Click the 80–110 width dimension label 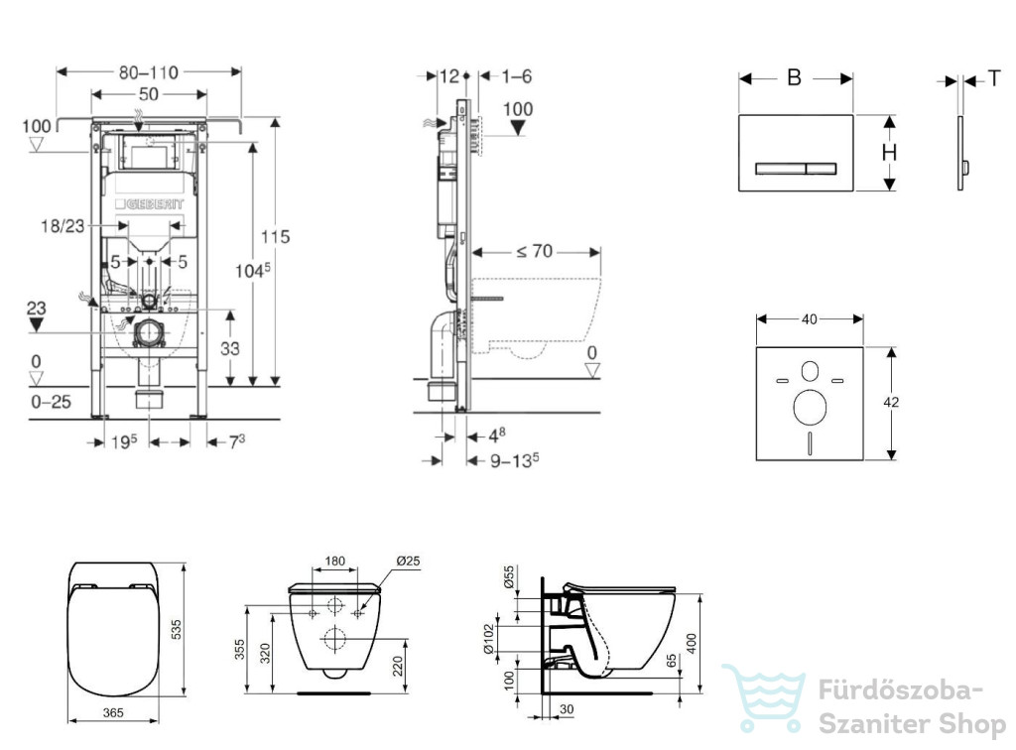(x=149, y=72)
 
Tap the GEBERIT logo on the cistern (x=150, y=204)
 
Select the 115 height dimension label (x=276, y=237)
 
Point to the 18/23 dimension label (x=63, y=226)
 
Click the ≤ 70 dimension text (x=535, y=251)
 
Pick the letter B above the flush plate (x=795, y=77)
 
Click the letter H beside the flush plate (x=889, y=153)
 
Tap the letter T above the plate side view (x=994, y=79)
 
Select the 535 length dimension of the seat (x=177, y=630)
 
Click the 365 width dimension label (x=113, y=712)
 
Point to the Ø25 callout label (x=408, y=561)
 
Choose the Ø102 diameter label (x=489, y=639)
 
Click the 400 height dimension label (x=692, y=643)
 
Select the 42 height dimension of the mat (x=891, y=402)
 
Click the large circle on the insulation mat (x=810, y=408)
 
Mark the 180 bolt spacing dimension (x=334, y=561)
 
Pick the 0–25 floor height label (x=52, y=402)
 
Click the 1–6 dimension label (x=516, y=76)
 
